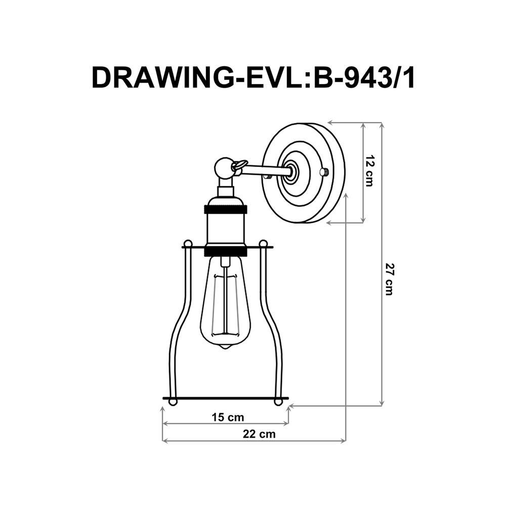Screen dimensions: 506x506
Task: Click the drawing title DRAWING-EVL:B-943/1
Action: click(x=253, y=77)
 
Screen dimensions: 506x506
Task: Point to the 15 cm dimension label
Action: click(x=227, y=417)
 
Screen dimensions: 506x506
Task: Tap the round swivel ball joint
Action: click(x=223, y=166)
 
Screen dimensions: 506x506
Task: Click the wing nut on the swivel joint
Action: click(x=239, y=164)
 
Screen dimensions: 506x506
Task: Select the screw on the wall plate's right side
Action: click(x=324, y=172)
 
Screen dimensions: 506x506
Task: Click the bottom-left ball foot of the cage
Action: click(x=173, y=402)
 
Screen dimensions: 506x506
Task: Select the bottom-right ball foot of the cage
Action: click(x=277, y=402)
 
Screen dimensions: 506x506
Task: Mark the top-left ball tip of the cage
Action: click(x=188, y=243)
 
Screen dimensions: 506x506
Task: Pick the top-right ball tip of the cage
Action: click(x=263, y=243)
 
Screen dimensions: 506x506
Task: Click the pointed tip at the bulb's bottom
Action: click(x=226, y=349)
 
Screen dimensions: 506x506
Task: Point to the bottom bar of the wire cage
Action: click(x=225, y=398)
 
